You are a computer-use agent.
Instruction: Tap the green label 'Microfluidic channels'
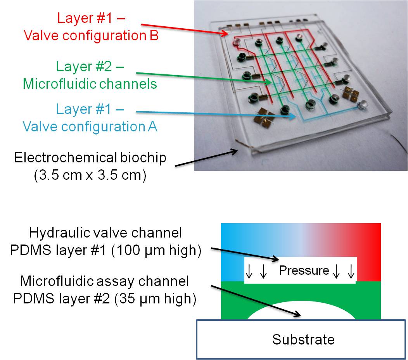[90, 83]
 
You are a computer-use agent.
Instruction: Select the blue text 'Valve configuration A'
[90, 126]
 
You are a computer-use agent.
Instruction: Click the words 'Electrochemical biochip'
[90, 158]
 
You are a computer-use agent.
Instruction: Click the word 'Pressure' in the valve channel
[304, 270]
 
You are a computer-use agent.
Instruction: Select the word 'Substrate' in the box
[303, 339]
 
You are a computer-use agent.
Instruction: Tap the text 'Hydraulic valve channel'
[105, 233]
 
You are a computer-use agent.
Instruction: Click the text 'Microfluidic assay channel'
[104, 281]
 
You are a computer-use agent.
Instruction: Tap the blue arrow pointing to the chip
[213, 114]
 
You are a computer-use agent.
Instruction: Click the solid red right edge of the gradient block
[372, 252]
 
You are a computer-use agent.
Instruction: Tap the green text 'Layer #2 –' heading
[90, 66]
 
